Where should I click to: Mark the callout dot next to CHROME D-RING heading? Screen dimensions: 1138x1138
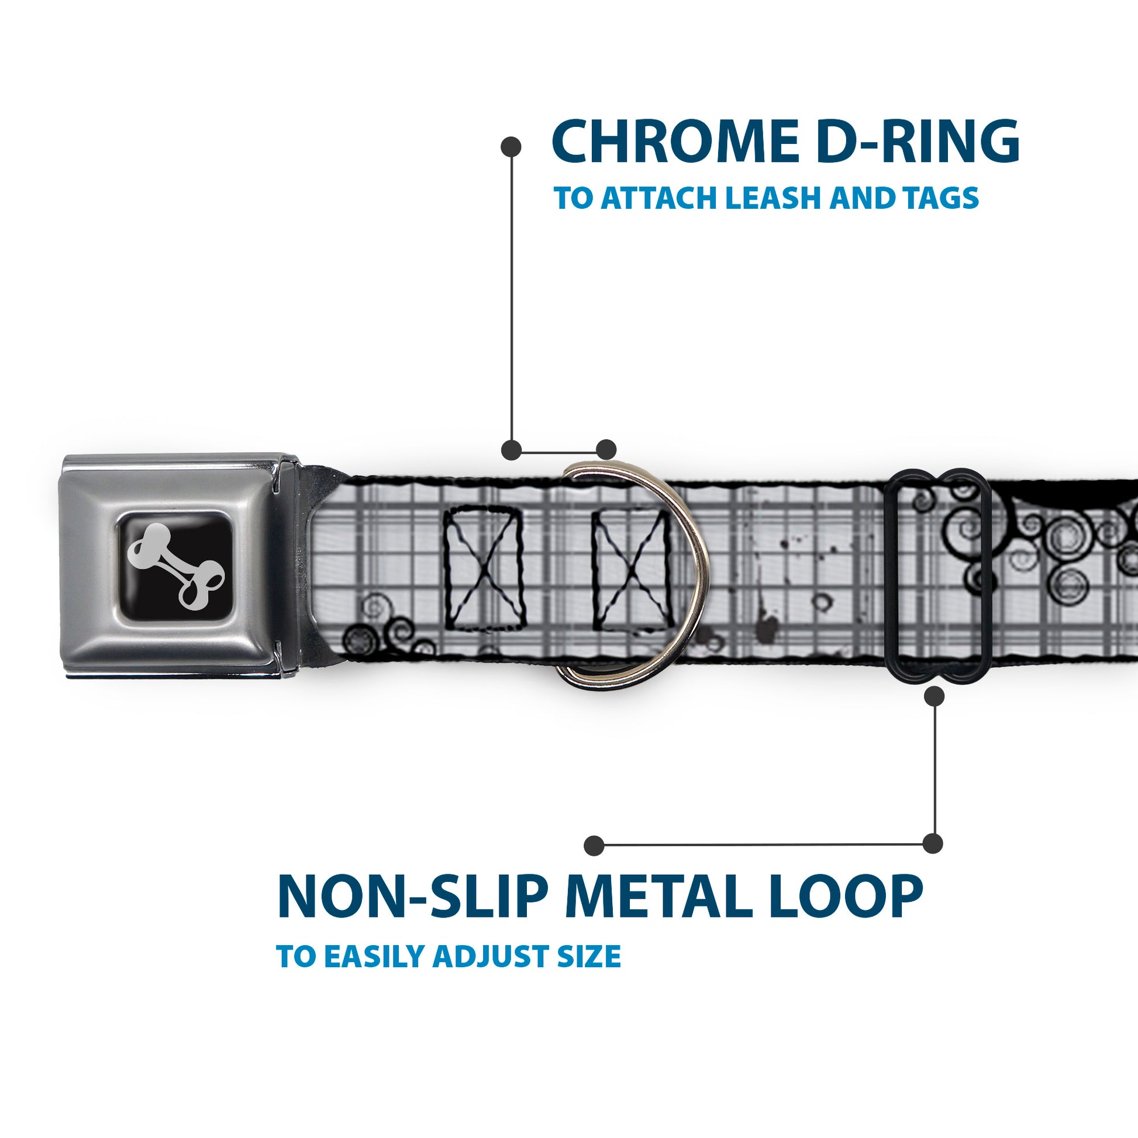click(x=511, y=147)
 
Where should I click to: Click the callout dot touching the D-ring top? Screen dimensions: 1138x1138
click(x=606, y=450)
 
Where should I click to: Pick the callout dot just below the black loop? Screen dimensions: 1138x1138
click(x=934, y=697)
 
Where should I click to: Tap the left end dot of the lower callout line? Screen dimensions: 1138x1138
click(x=594, y=846)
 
